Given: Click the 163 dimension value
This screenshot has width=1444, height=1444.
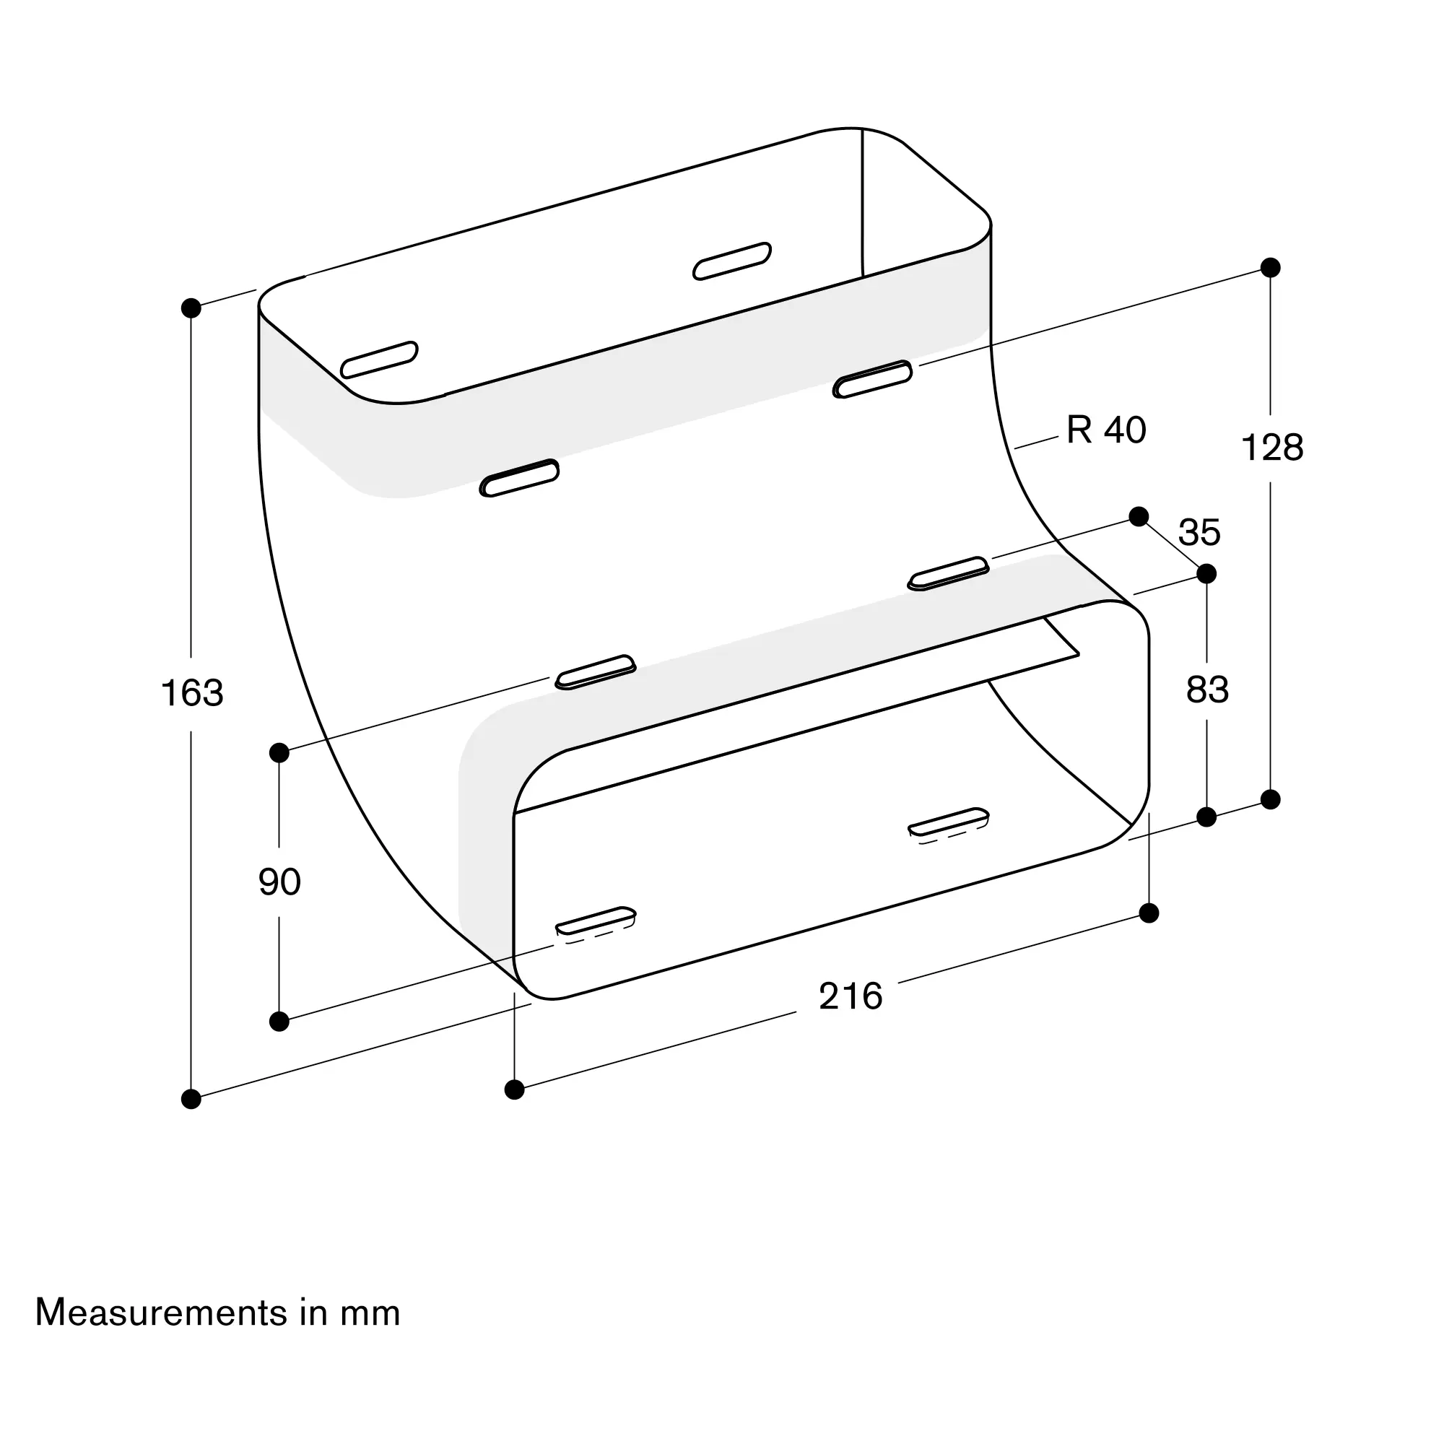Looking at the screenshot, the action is [x=192, y=693].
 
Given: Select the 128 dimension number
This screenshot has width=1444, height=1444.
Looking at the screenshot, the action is [x=1271, y=448].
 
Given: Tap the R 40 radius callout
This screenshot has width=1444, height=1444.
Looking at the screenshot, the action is [x=1105, y=430].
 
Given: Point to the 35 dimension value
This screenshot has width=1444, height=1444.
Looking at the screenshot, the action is [x=1199, y=533].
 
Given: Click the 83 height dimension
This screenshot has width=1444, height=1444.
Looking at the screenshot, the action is [x=1207, y=689].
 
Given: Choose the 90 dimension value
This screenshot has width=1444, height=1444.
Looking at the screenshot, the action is [x=279, y=882].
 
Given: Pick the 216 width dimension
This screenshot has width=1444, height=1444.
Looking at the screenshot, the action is [x=851, y=996].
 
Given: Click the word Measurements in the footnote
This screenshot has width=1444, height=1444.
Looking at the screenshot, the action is [x=161, y=1313].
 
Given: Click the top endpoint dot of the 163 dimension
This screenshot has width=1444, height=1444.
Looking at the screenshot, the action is [x=191, y=308].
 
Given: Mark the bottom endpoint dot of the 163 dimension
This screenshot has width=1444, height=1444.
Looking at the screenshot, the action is [x=191, y=1099].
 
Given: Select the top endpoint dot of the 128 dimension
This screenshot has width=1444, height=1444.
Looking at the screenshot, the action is [x=1271, y=268].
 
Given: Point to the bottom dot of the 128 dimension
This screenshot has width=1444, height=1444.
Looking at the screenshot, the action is [x=1271, y=800].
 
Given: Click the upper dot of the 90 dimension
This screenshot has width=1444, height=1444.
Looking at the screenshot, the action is [x=279, y=752].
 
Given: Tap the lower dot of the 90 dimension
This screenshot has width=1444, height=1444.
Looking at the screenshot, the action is [x=279, y=1021].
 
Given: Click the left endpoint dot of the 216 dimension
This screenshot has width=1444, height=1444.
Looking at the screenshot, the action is [x=514, y=1089].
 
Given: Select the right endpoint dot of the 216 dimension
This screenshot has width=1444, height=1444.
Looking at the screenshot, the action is [x=1149, y=913].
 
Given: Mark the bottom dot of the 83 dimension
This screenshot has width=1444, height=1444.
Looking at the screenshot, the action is [x=1206, y=817].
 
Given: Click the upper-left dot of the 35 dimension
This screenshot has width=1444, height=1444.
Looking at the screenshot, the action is [x=1139, y=516].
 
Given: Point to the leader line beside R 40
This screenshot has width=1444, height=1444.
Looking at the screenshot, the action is [x=1036, y=443].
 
